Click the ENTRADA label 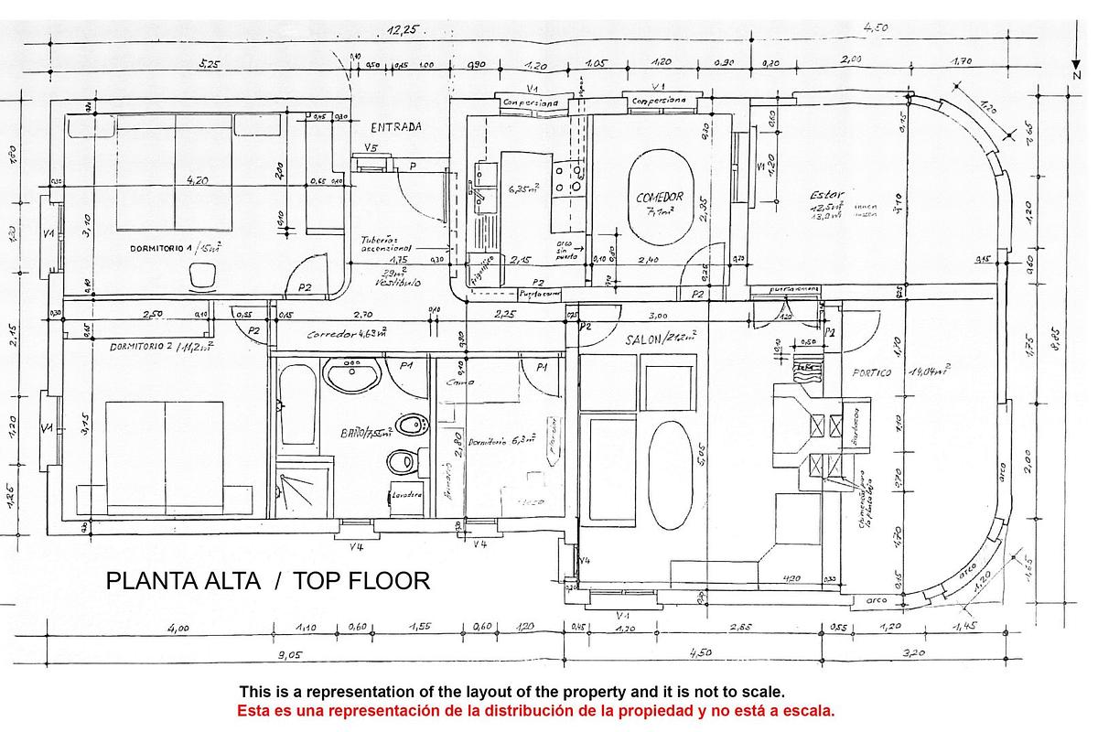tap(396, 126)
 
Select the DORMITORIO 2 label tap(148, 348)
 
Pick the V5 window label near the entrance tap(371, 147)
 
